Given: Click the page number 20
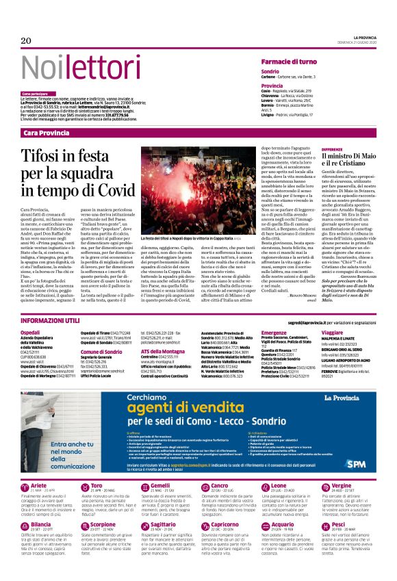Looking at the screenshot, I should click(27, 41).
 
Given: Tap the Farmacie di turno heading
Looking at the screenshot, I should click(288, 62).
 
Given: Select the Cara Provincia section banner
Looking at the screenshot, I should click(50, 132).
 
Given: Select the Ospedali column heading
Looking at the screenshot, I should click(31, 332).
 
